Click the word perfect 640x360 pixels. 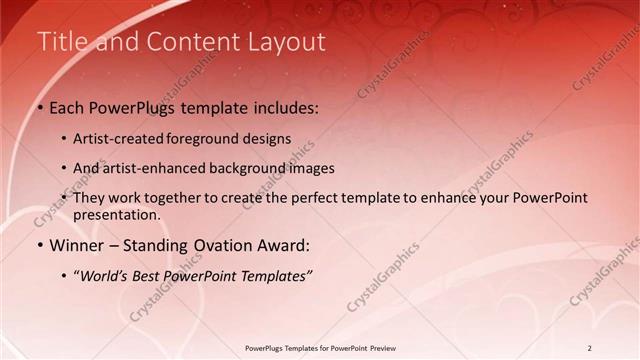(x=314, y=198)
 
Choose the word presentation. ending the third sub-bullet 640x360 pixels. (x=116, y=215)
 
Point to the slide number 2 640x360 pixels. (x=590, y=348)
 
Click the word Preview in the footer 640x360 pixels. (x=383, y=348)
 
